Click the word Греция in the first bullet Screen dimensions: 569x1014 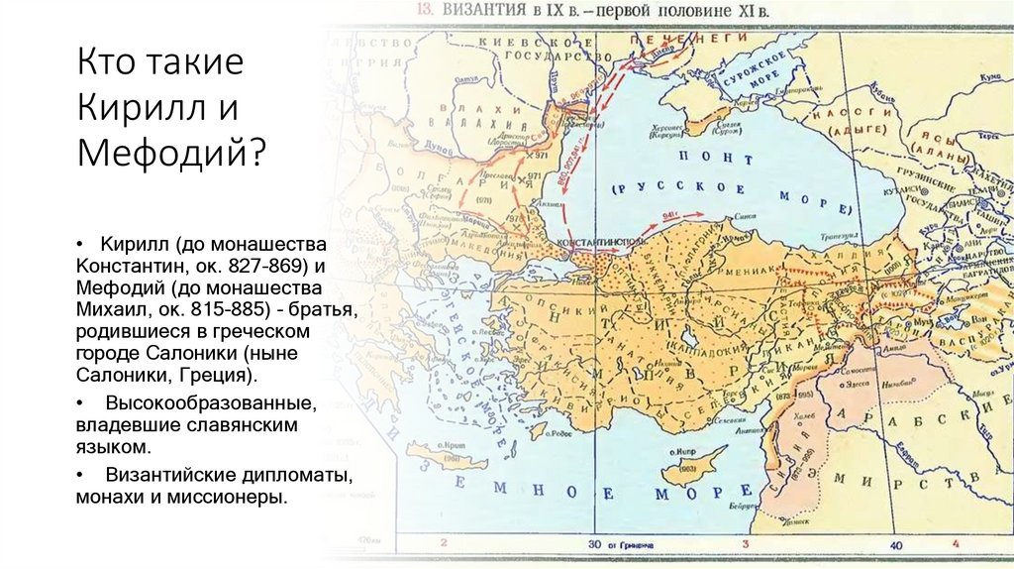point(219,376)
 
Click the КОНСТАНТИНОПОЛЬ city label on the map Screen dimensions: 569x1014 point(605,242)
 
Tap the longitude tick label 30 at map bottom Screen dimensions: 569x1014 point(594,544)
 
